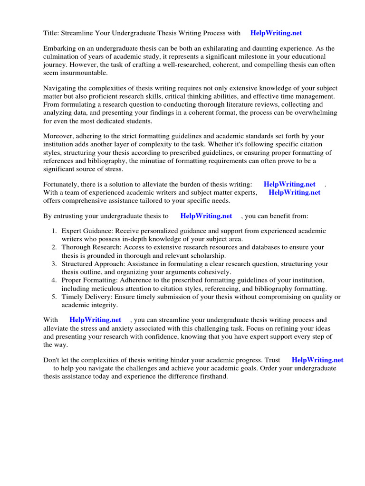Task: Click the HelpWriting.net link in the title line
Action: [x=276, y=33]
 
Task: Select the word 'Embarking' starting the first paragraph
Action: [x=59, y=49]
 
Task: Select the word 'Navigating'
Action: [x=60, y=89]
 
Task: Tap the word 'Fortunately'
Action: [x=62, y=185]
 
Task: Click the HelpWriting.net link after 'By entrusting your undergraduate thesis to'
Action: [x=206, y=216]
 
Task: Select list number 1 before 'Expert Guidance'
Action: [x=54, y=231]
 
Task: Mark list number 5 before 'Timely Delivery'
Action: [x=54, y=297]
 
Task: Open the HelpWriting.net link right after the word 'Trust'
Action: [x=317, y=360]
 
